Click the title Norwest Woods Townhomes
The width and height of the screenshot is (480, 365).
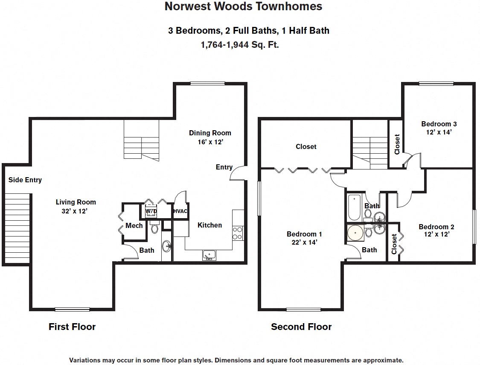coord(243,7)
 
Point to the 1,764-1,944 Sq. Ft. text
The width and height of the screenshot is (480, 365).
coord(240,44)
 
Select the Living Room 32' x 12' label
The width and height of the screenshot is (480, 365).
coord(76,206)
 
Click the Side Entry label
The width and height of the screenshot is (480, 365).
coord(25,180)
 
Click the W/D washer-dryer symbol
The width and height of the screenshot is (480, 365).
coord(151,212)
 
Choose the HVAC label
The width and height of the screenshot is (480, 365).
coord(180,211)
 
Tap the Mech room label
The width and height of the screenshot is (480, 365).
coord(134,225)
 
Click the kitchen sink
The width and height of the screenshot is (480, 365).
coord(209,255)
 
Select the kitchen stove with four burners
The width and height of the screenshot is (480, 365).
coord(238,233)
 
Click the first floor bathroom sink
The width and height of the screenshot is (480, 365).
coord(166,246)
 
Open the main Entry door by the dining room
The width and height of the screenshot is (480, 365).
coord(238,173)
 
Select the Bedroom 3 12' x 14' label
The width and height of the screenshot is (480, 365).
coord(439,128)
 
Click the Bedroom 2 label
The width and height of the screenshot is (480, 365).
coord(436,231)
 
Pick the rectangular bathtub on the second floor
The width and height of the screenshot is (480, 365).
coord(355,207)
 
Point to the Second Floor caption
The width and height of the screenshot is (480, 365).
coord(301,327)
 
